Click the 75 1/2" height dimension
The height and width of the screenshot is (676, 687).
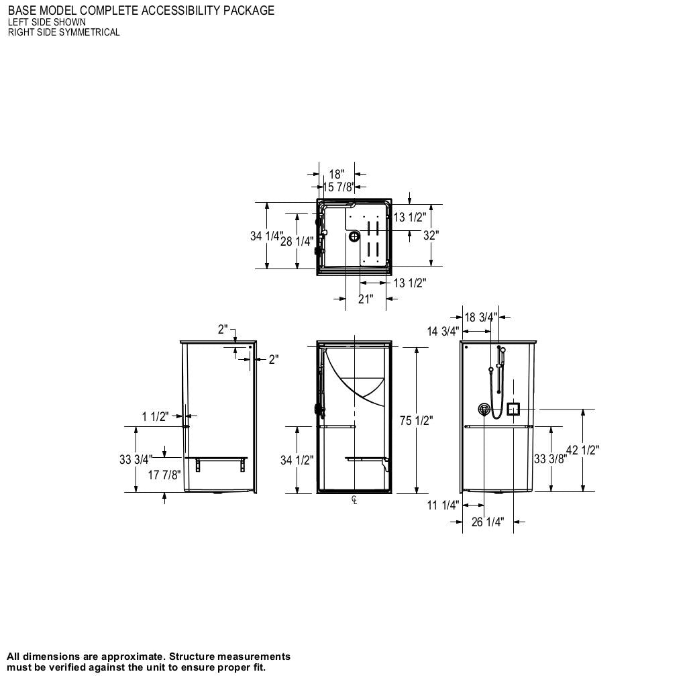click(x=416, y=421)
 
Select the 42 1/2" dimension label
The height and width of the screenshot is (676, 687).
click(x=582, y=450)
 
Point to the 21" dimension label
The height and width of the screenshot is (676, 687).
click(x=365, y=299)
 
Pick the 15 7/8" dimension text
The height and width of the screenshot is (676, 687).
click(x=338, y=187)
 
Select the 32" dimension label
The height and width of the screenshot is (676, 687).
click(x=431, y=236)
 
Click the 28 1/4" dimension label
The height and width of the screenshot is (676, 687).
click(x=297, y=242)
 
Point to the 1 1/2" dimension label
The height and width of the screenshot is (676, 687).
click(x=154, y=417)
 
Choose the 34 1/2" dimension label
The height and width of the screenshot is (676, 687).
click(x=297, y=461)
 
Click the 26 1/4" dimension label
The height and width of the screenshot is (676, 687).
click(x=487, y=522)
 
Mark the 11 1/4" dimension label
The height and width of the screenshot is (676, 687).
click(x=443, y=505)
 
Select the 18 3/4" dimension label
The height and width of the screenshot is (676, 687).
click(x=480, y=318)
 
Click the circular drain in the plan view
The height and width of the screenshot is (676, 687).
click(x=354, y=236)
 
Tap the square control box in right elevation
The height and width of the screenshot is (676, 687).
click(x=513, y=409)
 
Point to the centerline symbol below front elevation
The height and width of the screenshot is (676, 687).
click(x=354, y=499)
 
